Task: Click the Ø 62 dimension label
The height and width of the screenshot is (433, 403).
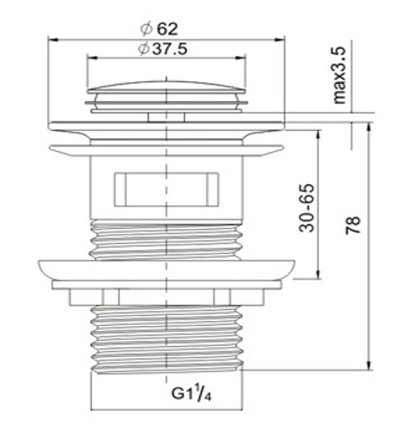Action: [x=160, y=29]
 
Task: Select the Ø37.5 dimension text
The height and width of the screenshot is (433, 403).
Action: [x=163, y=49]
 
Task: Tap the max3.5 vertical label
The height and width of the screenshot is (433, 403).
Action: [x=339, y=75]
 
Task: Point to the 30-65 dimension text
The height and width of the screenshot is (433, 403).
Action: [x=307, y=208]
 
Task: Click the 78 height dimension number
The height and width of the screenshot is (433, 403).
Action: [x=353, y=225]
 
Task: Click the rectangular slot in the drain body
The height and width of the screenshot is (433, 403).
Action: [x=166, y=189]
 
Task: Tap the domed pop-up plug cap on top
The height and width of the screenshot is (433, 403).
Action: [x=166, y=87]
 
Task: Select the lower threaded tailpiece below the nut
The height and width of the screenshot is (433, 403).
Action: [x=167, y=339]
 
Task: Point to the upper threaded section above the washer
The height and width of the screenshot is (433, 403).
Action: [x=166, y=239]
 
